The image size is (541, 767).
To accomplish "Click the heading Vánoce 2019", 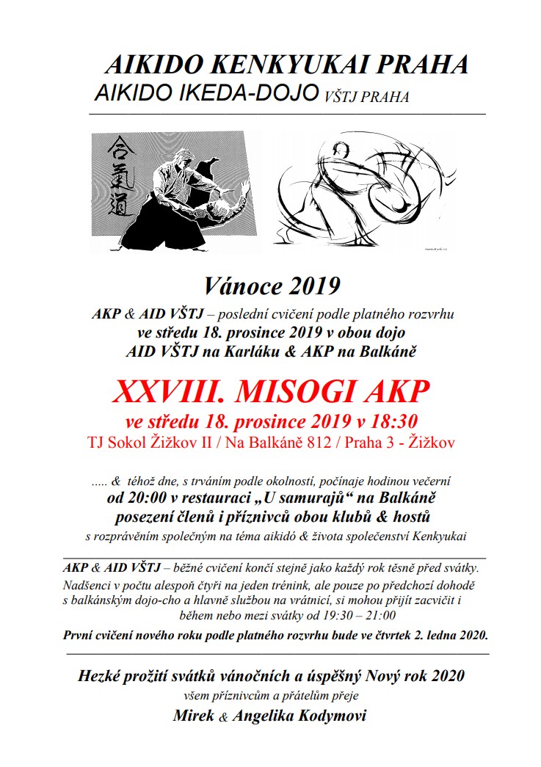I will point(272,284).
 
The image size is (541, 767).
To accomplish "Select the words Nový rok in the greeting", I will point(390,676).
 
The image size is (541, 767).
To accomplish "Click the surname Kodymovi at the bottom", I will point(336,716).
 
